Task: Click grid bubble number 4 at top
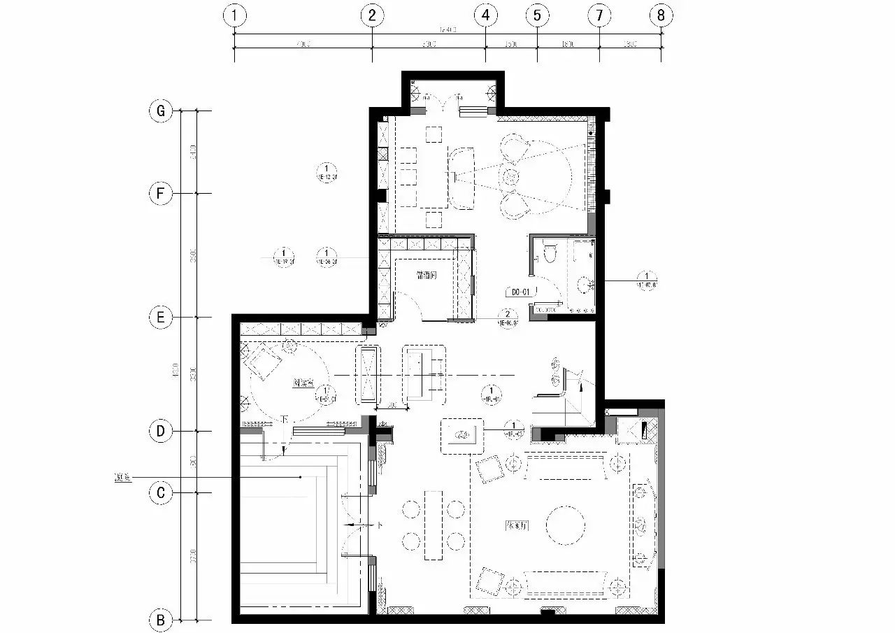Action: [485, 15]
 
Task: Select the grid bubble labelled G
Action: [160, 111]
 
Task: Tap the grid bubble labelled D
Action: [160, 432]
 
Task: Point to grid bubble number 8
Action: [661, 15]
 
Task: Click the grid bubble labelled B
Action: [160, 620]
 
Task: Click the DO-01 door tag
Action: [519, 291]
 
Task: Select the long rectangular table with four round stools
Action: [433, 525]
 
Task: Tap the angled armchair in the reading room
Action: [262, 362]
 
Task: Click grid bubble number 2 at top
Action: [372, 15]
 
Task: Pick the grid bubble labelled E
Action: [160, 318]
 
